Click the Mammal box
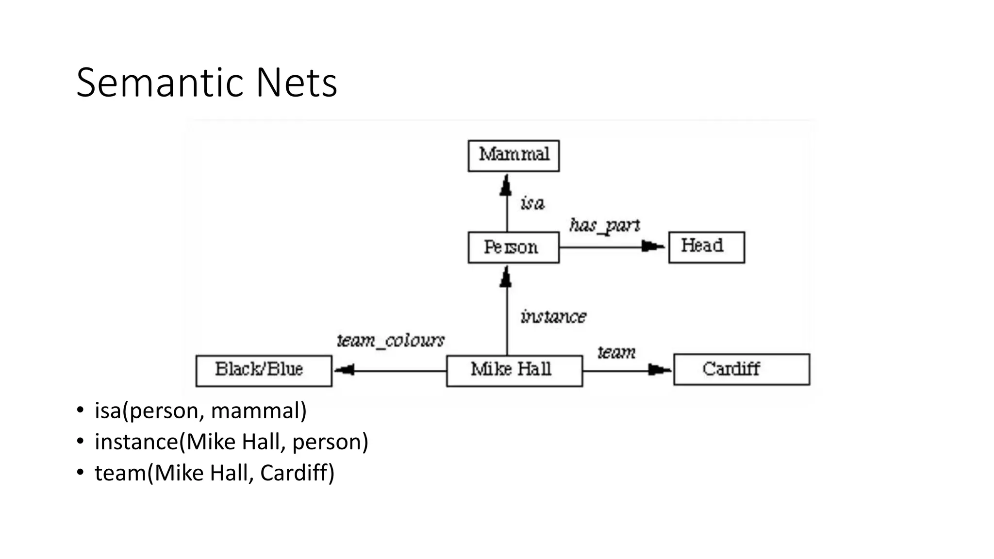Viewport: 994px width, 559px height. (514, 156)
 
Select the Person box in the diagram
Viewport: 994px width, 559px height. (514, 247)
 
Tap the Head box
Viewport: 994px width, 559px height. (706, 247)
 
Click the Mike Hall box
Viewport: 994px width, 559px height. (514, 371)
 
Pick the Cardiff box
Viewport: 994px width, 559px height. (741, 370)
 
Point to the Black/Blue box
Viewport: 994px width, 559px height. (264, 371)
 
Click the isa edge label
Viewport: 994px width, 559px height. (532, 203)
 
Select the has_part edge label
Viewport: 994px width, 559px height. (604, 226)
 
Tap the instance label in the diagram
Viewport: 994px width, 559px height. (553, 317)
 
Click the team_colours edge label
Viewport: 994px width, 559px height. (391, 341)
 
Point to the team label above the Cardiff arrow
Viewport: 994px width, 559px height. (616, 352)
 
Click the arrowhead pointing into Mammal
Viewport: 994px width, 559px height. (506, 186)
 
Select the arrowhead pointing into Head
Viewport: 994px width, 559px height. (652, 247)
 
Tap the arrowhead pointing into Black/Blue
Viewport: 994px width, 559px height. (345, 371)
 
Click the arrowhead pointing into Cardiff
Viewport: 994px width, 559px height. (659, 370)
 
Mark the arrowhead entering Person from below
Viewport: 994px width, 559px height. (506, 278)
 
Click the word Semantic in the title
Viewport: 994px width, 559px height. (161, 83)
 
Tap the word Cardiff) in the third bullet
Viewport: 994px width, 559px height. (297, 473)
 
